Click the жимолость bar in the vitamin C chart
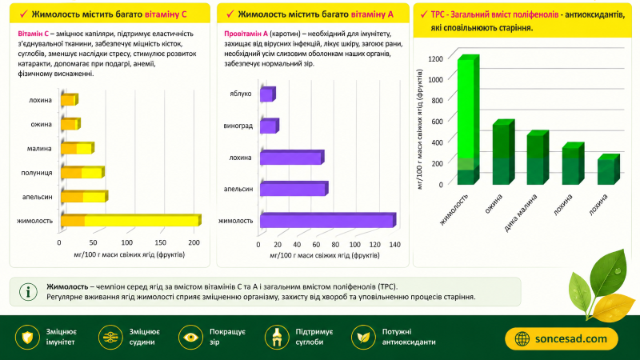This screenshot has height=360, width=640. (x=131, y=220)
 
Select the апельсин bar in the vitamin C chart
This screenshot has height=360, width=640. (x=85, y=196)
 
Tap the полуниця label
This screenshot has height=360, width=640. (x=37, y=173)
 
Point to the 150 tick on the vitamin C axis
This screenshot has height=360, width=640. (x=160, y=242)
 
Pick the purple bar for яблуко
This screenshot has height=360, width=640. (x=268, y=94)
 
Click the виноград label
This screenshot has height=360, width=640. (x=238, y=126)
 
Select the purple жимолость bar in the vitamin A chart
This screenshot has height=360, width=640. (x=328, y=220)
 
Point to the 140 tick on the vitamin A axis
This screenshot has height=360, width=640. (x=394, y=245)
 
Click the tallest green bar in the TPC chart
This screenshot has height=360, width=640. (x=468, y=119)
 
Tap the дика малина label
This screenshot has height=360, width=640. (x=521, y=213)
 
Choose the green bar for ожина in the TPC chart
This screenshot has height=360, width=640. (x=503, y=152)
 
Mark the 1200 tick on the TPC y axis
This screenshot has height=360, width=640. (x=435, y=58)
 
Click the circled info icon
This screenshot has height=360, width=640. (x=28, y=292)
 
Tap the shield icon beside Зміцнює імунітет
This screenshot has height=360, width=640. (x=27, y=338)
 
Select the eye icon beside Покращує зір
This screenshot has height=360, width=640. (x=190, y=338)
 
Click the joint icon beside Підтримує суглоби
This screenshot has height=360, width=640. (x=277, y=338)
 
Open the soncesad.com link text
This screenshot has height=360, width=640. (x=571, y=338)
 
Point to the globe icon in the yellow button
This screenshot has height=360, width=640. (x=522, y=338)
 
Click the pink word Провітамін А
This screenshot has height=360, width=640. (x=246, y=34)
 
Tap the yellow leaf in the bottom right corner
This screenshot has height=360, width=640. (x=613, y=307)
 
